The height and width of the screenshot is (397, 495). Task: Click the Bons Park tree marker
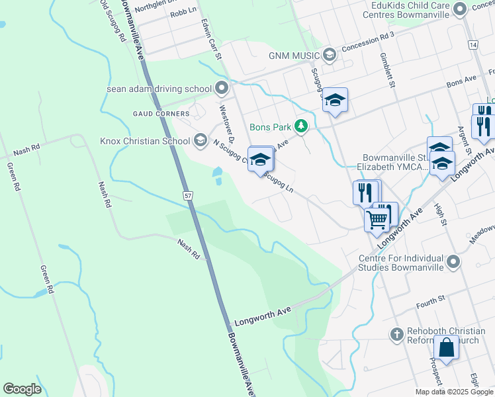pyautogui.click(x=301, y=125)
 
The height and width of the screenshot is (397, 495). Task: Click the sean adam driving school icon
pyautogui.click(x=221, y=88)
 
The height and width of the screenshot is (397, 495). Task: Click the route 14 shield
pyautogui.click(x=472, y=44)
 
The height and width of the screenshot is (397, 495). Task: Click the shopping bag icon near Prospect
pyautogui.click(x=447, y=347)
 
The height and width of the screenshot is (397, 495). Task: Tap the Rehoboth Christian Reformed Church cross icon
pyautogui.click(x=396, y=334)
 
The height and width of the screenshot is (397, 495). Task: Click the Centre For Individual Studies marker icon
pyautogui.click(x=453, y=263)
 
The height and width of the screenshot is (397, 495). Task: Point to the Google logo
pyautogui.click(x=22, y=389)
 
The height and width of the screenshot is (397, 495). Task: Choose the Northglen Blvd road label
pyautogui.click(x=156, y=7)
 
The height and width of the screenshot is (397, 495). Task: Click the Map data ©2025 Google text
pyautogui.click(x=453, y=392)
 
